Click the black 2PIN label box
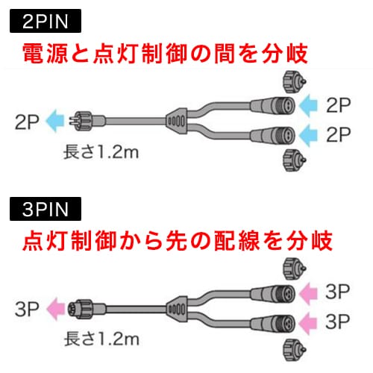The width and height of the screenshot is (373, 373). coord(46,21)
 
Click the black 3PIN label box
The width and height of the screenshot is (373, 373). coord(46,209)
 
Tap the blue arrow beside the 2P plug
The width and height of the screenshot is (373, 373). coord(55,121)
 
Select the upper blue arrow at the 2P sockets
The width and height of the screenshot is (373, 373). coord(308,105)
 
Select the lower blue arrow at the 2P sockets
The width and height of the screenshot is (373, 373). coord(308,136)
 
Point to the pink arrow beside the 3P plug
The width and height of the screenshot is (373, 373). coord(56,309)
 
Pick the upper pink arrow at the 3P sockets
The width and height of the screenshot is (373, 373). coord(308,294)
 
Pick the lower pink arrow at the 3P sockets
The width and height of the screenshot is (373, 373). coord(308,324)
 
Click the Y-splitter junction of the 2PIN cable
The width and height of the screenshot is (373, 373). coord(177,121)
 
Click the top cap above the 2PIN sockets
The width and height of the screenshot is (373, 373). coord(295,82)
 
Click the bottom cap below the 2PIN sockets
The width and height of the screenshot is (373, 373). coord(295,160)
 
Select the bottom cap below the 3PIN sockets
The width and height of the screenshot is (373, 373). coord(295,349)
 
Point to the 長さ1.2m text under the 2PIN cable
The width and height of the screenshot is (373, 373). coord(101,151)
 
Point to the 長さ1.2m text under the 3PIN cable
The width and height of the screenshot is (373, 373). coord(101,339)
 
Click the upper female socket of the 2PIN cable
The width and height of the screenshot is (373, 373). coord(272,106)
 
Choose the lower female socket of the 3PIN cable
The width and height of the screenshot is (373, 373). coord(272,324)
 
